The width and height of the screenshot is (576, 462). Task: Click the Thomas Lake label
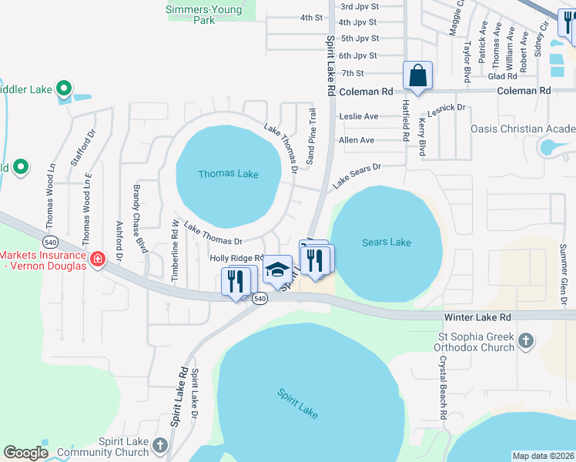pyautogui.click(x=228, y=174)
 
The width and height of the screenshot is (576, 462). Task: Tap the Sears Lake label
pyautogui.click(x=387, y=243)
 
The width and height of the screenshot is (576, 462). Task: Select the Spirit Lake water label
pyautogui.click(x=297, y=403)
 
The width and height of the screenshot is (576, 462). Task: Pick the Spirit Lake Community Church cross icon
pyautogui.click(x=159, y=446)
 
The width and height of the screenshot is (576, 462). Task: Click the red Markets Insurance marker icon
pyautogui.click(x=98, y=259)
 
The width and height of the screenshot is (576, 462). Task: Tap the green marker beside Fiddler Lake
pyautogui.click(x=65, y=89)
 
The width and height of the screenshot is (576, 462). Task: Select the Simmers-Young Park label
pyautogui.click(x=204, y=15)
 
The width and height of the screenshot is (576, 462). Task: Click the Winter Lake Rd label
pyautogui.click(x=477, y=317)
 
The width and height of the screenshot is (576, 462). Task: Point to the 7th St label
pyautogui.click(x=353, y=73)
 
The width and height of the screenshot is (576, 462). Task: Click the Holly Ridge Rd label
pyautogui.click(x=236, y=259)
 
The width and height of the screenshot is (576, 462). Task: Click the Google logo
pyautogui.click(x=25, y=453)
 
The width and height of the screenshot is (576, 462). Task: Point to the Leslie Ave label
pyautogui.click(x=359, y=116)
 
